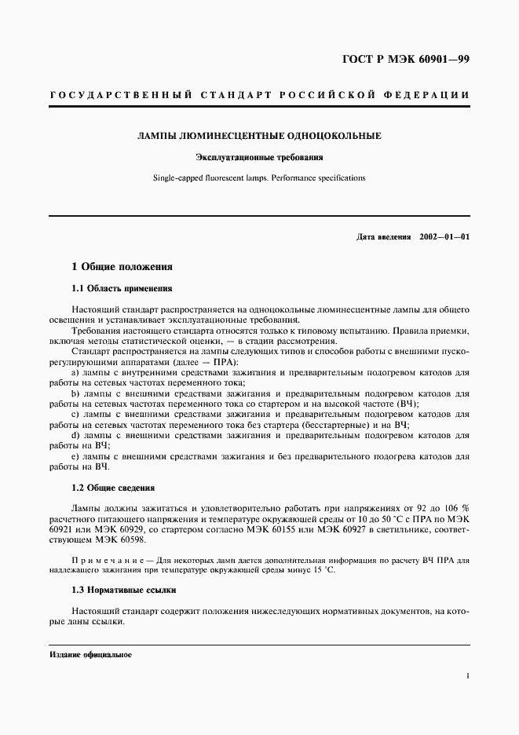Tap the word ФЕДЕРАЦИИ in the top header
(x=427, y=96)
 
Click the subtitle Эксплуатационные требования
(x=259, y=157)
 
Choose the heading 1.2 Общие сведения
(x=113, y=488)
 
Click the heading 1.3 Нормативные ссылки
(x=124, y=589)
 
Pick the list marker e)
(x=75, y=455)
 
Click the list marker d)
(x=75, y=434)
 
